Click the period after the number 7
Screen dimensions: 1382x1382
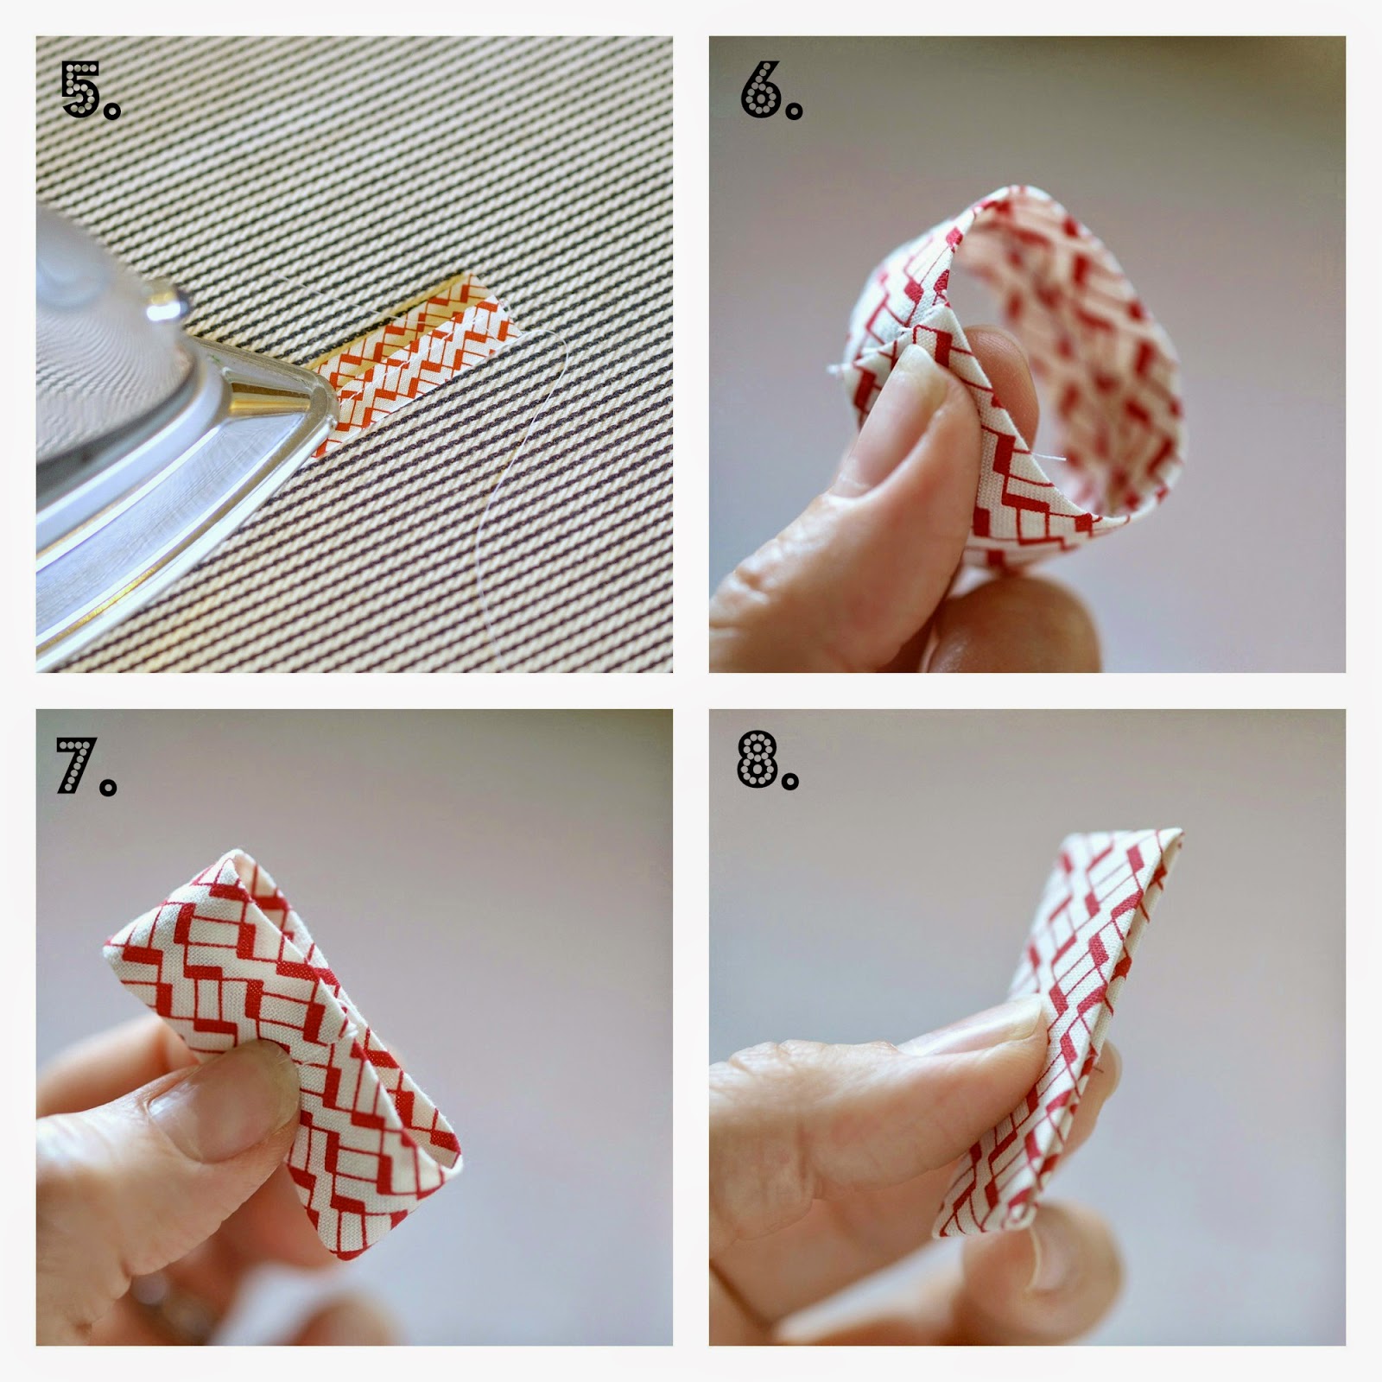(x=108, y=787)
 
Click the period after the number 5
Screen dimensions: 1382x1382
(x=113, y=111)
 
